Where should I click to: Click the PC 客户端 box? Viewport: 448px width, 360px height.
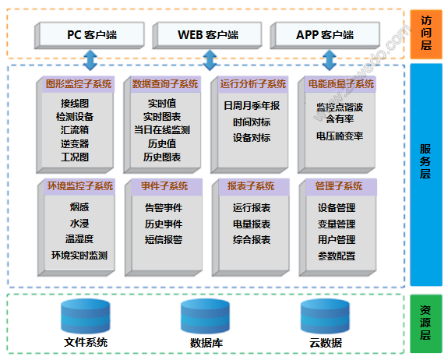click(x=89, y=35)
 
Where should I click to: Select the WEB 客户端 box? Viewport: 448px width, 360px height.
click(x=207, y=35)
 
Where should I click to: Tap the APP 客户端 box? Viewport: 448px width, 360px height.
click(x=325, y=35)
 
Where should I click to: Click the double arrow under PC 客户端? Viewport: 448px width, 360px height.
click(x=90, y=60)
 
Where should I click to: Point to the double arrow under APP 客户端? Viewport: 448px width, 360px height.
click(x=330, y=60)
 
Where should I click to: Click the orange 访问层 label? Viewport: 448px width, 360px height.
click(x=426, y=34)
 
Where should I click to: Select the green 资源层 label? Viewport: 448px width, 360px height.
click(x=426, y=323)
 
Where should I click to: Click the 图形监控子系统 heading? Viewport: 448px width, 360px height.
click(x=79, y=84)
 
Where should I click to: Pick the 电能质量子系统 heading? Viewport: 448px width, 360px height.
click(x=340, y=84)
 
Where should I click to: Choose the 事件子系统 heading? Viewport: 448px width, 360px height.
click(x=164, y=186)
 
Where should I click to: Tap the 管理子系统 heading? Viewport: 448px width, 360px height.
click(x=339, y=186)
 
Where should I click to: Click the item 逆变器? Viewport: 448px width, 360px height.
click(x=75, y=143)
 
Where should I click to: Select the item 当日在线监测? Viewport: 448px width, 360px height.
click(x=162, y=130)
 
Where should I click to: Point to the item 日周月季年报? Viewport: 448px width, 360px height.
click(x=252, y=106)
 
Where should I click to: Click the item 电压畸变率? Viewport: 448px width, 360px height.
click(x=340, y=136)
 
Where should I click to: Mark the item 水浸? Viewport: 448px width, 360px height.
click(x=79, y=224)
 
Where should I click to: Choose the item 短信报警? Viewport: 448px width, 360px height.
click(x=164, y=239)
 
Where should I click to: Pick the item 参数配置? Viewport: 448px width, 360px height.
click(x=337, y=256)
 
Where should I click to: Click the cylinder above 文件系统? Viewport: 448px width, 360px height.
click(x=86, y=316)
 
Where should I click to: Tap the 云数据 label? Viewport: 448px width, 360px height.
click(x=326, y=343)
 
